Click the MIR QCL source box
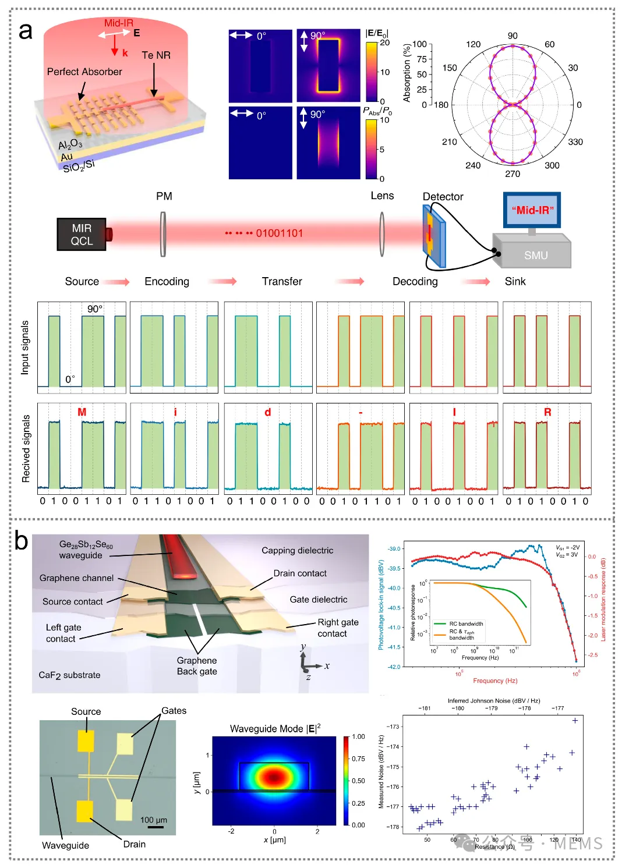pyautogui.click(x=82, y=235)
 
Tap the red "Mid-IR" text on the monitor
pyautogui.click(x=532, y=210)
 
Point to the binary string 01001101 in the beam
pyautogui.click(x=280, y=233)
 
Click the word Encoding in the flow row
pyautogui.click(x=167, y=282)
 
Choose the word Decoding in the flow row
pyautogui.click(x=415, y=282)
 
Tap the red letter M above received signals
pyautogui.click(x=82, y=412)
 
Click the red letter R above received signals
pyautogui.click(x=547, y=412)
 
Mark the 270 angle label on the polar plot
pyautogui.click(x=513, y=173)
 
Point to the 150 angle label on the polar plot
pyautogui.click(x=450, y=68)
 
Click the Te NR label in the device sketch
pyautogui.click(x=156, y=55)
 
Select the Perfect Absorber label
pyautogui.click(x=84, y=72)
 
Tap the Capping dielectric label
pyautogui.click(x=297, y=551)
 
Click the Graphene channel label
pyautogui.click(x=76, y=578)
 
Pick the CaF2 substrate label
pyautogui.click(x=69, y=675)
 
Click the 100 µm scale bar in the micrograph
pyautogui.click(x=155, y=826)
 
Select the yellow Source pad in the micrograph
pyautogui.click(x=86, y=741)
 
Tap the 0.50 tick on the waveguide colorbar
pyautogui.click(x=359, y=781)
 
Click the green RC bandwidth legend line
pyautogui.click(x=440, y=623)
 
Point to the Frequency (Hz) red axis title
pyautogui.click(x=495, y=681)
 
